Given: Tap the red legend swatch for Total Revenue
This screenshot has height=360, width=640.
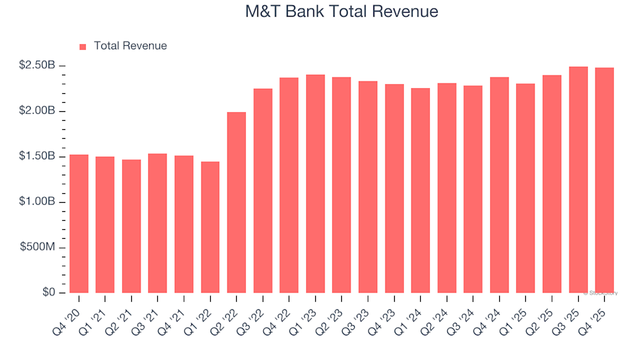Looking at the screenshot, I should [83, 47].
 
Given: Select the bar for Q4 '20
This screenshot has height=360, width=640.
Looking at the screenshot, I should [79, 224].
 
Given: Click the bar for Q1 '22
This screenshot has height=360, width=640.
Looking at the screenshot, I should [210, 227].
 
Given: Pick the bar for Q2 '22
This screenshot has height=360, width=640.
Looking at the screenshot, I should [237, 203].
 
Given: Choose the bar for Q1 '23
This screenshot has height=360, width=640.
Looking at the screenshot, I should [315, 184].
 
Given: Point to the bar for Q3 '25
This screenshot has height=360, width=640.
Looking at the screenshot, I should [578, 180].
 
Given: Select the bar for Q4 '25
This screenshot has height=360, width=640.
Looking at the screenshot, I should [605, 181].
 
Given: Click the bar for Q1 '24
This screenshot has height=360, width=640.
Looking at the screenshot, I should [421, 191].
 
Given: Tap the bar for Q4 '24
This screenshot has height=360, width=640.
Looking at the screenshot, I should [499, 185].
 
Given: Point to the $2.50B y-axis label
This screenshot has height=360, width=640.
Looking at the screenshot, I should [37, 65].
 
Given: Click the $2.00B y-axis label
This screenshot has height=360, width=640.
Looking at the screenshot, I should [37, 111].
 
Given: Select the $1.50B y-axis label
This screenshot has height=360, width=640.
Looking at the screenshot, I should [37, 156].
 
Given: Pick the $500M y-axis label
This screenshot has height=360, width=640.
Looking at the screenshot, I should [39, 247].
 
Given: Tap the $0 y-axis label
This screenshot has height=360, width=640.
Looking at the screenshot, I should [49, 293].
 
